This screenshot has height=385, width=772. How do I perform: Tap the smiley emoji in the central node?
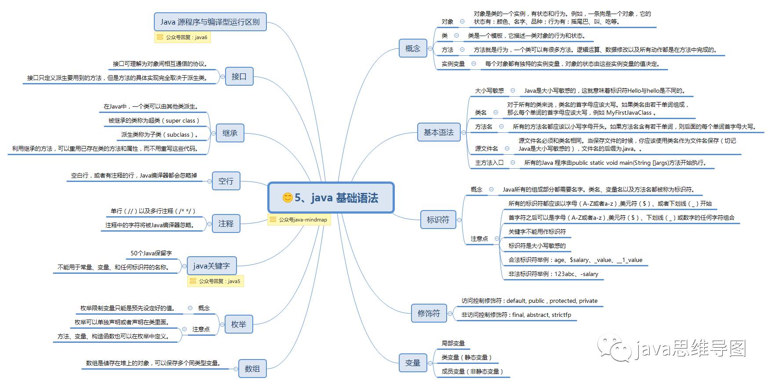click(x=288, y=198)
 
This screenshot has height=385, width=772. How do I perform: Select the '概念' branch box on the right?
click(x=412, y=49)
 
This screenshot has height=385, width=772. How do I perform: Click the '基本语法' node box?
click(x=438, y=132)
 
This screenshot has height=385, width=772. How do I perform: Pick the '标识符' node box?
click(x=438, y=220)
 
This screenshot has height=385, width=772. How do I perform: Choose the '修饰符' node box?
click(x=429, y=313)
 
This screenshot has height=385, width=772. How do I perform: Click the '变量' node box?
click(x=412, y=363)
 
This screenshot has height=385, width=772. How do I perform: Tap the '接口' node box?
click(x=239, y=76)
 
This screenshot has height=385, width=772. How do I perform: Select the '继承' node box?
click(x=229, y=133)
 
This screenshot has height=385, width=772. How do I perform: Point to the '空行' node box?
click(x=226, y=181)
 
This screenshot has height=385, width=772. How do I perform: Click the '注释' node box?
click(x=226, y=224)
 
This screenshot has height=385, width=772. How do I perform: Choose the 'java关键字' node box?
click(x=211, y=266)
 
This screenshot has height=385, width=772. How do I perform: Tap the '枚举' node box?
click(x=238, y=324)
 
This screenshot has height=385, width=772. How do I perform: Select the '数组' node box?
click(x=252, y=369)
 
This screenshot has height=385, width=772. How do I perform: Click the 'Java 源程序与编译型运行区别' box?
click(x=210, y=22)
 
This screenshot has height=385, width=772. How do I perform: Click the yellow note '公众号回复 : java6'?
click(x=182, y=37)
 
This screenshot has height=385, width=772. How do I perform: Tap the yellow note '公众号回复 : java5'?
click(x=215, y=281)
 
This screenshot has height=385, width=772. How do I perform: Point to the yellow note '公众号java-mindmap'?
click(x=299, y=220)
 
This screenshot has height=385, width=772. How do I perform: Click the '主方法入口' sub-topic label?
click(x=489, y=163)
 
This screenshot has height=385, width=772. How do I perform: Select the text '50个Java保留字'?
click(x=151, y=253)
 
